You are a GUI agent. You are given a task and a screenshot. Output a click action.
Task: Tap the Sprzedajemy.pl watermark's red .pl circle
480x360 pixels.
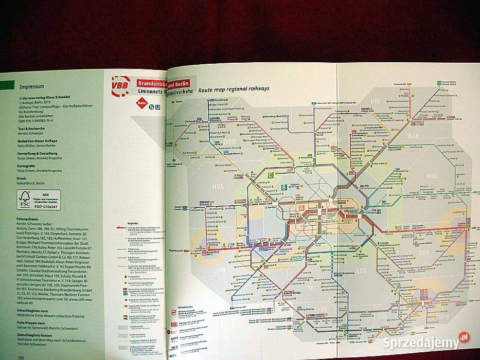(465, 337)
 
